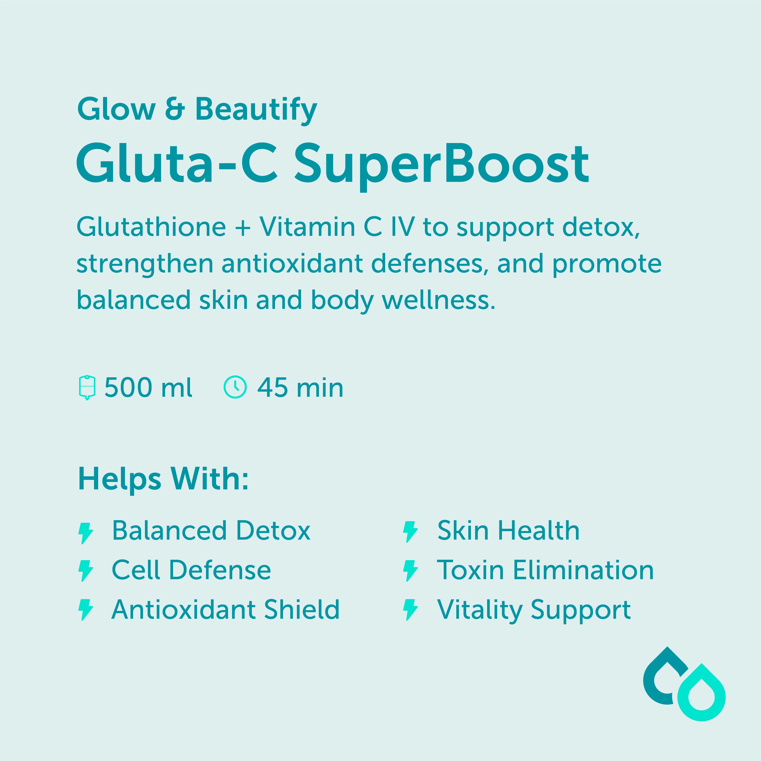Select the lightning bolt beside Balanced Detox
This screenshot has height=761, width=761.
[x=86, y=533]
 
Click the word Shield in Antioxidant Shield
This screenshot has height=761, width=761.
[x=301, y=610]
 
